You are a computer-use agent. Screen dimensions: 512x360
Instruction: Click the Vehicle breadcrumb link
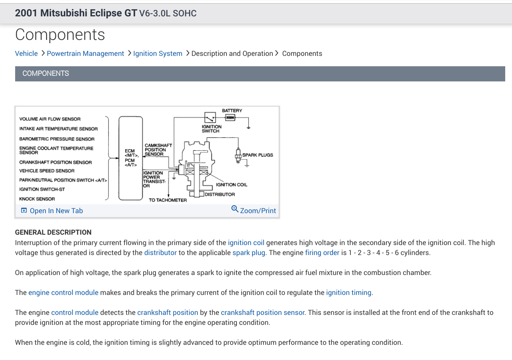26,53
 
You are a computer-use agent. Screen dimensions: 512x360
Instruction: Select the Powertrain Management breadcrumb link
85,53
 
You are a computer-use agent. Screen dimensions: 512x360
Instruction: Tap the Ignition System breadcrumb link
158,53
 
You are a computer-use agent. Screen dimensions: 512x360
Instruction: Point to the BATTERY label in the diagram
232,111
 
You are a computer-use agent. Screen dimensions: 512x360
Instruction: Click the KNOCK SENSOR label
37,199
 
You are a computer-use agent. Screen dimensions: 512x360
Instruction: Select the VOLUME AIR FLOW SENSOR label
50,119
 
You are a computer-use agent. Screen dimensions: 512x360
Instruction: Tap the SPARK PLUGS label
258,155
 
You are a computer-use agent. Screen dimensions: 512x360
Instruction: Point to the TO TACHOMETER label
168,200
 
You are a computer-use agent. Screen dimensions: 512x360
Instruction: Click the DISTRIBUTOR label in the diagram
220,194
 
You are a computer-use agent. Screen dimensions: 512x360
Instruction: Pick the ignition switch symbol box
210,117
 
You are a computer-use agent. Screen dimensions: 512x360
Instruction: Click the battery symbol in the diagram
230,117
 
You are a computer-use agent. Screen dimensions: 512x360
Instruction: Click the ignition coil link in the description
246,243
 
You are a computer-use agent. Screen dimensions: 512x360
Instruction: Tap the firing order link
322,253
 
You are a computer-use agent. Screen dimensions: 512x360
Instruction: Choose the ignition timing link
349,293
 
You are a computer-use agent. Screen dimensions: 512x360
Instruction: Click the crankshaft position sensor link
263,313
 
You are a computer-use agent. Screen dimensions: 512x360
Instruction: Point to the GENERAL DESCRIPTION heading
53,232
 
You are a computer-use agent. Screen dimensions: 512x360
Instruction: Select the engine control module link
63,293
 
